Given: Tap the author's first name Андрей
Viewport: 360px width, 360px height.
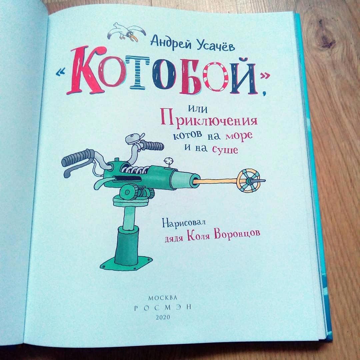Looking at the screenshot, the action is (171, 42).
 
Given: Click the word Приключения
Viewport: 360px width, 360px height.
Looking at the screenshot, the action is (209, 119).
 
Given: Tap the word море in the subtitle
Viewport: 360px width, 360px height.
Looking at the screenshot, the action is (239, 135).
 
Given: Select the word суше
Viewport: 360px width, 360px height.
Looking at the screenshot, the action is (225, 150).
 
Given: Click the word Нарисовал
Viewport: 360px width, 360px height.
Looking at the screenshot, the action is (183, 223).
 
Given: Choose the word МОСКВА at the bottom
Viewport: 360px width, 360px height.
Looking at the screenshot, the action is (163, 298).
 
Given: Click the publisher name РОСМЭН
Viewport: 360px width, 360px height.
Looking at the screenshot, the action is (163, 308).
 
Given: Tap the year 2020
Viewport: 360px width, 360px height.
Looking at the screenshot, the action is (163, 317).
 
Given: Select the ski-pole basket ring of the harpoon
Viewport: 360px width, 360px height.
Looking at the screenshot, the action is (248, 181).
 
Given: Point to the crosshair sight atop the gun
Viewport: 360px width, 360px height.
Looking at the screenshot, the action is (168, 160).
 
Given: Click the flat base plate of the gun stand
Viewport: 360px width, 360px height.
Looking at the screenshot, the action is (126, 264).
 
